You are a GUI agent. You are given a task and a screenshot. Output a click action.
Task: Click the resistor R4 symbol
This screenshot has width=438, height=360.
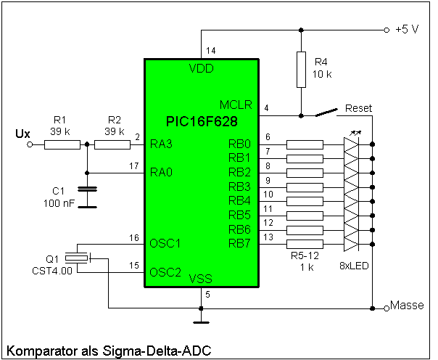click(x=299, y=70)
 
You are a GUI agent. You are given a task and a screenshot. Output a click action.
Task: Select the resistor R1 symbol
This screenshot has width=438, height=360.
click(x=62, y=144)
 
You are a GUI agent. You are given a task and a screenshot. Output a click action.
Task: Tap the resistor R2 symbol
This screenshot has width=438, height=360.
click(x=112, y=144)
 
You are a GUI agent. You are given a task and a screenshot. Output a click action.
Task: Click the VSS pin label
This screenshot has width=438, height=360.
click(x=201, y=279)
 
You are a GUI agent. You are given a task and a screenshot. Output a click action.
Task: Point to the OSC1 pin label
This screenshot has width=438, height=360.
click(x=165, y=242)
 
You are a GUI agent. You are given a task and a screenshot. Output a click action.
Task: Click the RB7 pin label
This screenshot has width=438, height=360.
click(x=240, y=242)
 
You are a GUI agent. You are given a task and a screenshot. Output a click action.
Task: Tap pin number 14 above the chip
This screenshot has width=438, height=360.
click(x=211, y=50)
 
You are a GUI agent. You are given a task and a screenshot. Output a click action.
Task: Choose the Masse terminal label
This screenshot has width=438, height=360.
click(x=407, y=306)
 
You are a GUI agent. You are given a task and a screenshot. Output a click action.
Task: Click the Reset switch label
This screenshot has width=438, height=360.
click(x=358, y=108)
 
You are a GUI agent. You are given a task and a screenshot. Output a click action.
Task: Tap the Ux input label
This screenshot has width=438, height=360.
click(x=22, y=134)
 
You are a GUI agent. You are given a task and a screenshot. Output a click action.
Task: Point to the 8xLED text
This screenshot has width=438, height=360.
click(x=354, y=266)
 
